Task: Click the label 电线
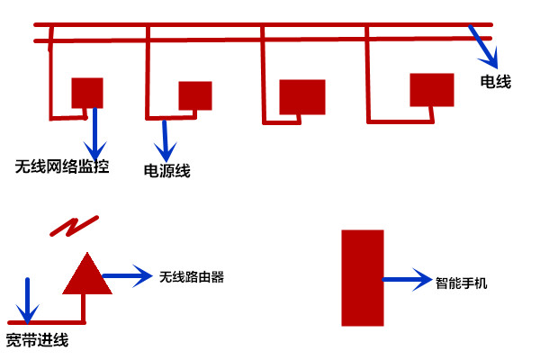tap(496, 83)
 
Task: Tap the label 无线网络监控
tap(62, 166)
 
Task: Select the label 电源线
tap(167, 170)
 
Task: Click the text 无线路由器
tap(191, 277)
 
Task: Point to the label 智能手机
tap(462, 282)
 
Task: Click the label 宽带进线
tap(37, 340)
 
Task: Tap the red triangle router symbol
tap(87, 275)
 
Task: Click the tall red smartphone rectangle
tap(363, 278)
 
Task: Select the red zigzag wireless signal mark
tap(75, 226)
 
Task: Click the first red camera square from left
tap(87, 92)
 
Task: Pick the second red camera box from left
tap(194, 94)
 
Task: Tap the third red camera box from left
tap(301, 96)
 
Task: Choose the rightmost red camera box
tap(432, 90)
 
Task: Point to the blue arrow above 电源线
tap(165, 139)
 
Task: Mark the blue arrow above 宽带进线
tap(28, 301)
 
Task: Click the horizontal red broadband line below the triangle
tap(45, 321)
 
